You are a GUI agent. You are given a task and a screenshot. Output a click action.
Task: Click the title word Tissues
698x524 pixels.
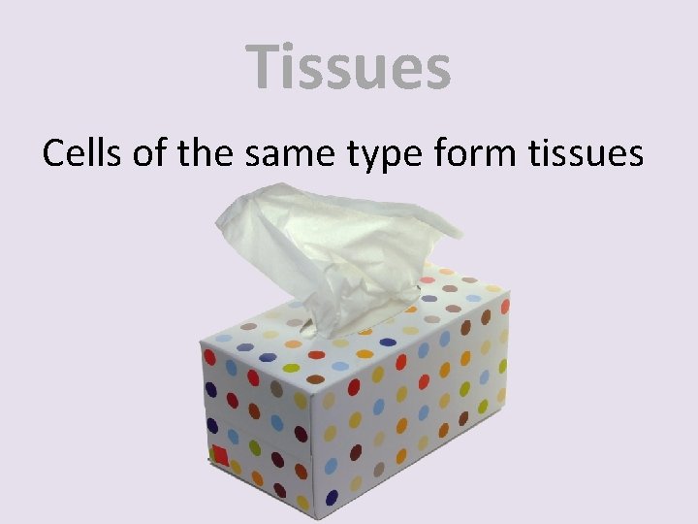pyautogui.click(x=348, y=67)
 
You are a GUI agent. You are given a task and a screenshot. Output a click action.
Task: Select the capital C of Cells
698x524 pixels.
pyautogui.click(x=54, y=152)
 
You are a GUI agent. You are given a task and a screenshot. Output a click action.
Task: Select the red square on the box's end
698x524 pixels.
pyautogui.click(x=220, y=455)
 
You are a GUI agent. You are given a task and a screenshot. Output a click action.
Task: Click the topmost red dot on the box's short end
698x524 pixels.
pyautogui.click(x=209, y=357)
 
